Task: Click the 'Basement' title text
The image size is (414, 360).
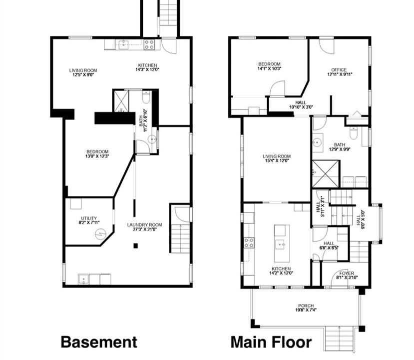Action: [x=99, y=342]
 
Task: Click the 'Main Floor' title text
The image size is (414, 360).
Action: [x=271, y=342]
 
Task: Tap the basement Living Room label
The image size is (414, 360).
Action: [x=83, y=70]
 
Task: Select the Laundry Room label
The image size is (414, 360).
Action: [x=144, y=225]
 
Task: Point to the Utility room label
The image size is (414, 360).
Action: [x=89, y=218]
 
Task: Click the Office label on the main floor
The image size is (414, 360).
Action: [x=339, y=70]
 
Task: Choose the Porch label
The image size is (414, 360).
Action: [x=306, y=306]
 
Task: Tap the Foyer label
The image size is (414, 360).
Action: [x=347, y=273]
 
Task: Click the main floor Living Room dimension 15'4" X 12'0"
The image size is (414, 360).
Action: [x=277, y=160]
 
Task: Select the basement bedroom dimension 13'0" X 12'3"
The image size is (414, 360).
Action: [x=97, y=156]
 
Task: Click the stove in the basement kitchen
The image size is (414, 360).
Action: [x=149, y=44]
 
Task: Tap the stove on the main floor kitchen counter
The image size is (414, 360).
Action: [x=249, y=242]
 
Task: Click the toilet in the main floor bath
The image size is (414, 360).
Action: [x=354, y=132]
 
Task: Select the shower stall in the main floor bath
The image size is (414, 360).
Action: [x=325, y=174]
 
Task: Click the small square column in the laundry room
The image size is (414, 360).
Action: [x=135, y=246]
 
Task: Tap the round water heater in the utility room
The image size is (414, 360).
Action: [x=100, y=233]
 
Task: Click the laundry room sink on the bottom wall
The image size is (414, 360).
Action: [x=83, y=279]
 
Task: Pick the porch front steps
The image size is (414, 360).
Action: [x=339, y=338]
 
